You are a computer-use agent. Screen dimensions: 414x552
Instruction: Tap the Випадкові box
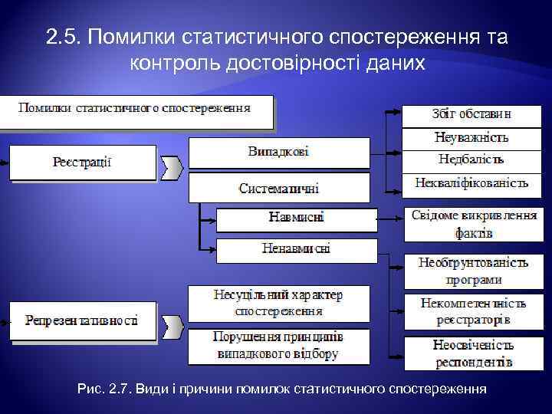pyautogui.click(x=278, y=152)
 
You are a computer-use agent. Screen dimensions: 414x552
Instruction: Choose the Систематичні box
pyautogui.click(x=278, y=187)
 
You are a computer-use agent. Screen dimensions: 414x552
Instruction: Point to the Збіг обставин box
pyautogui.click(x=472, y=114)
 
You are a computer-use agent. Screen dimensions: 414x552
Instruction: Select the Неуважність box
pyautogui.click(x=472, y=138)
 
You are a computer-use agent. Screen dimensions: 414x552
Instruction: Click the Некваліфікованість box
pyautogui.click(x=472, y=183)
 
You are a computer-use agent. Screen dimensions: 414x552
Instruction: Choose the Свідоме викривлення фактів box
pyautogui.click(x=473, y=223)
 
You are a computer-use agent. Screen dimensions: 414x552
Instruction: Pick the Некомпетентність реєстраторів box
pyautogui.click(x=473, y=311)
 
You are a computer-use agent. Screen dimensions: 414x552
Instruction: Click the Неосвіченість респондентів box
pyautogui.click(x=473, y=353)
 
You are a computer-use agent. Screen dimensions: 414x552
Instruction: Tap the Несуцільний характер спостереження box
pyautogui.click(x=278, y=303)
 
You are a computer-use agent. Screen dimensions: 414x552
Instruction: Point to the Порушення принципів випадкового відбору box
pyautogui.click(x=278, y=346)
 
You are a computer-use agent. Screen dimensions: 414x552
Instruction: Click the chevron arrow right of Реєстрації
pyautogui.click(x=173, y=166)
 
